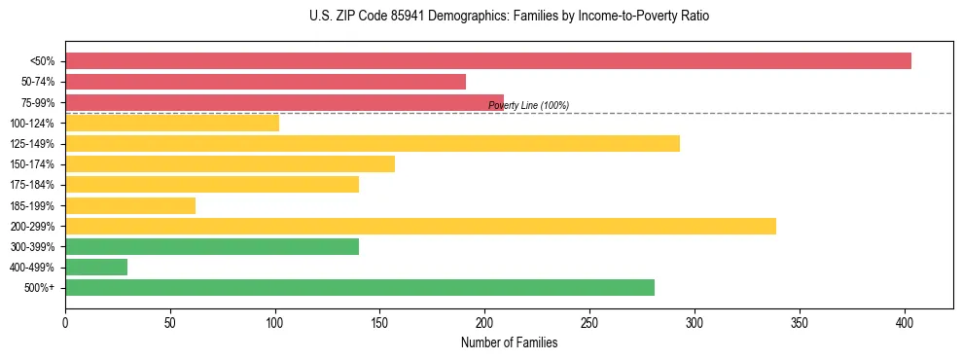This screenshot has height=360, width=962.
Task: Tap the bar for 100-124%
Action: coord(172,123)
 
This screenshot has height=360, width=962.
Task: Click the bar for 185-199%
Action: coord(130,205)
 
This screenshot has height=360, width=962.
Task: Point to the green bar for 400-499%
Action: coord(96,267)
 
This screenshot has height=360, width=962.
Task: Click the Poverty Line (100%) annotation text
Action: coord(528,105)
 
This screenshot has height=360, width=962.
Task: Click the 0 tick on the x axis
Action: coord(65,320)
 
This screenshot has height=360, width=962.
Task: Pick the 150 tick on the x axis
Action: coord(380,320)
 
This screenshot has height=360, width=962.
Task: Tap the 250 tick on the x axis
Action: coord(590,320)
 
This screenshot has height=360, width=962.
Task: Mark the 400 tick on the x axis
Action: coord(905,320)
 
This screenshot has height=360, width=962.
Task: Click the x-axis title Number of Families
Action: coord(509,342)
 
